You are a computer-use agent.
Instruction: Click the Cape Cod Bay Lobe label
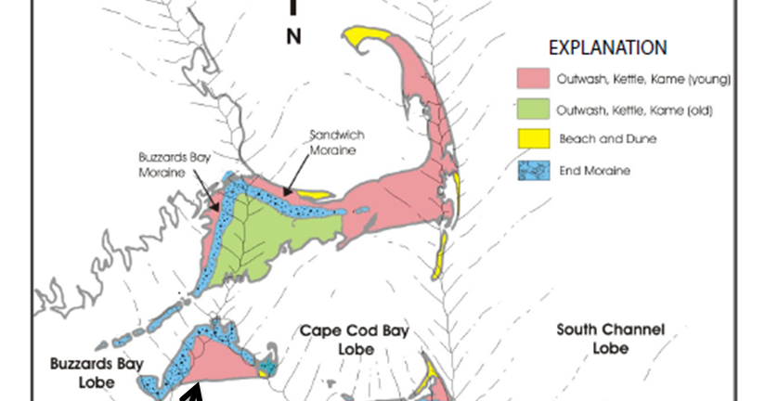356,340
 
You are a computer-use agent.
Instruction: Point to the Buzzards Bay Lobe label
97,372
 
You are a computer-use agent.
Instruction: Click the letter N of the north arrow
293,37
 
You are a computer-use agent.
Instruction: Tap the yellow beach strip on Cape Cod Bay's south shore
313,196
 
